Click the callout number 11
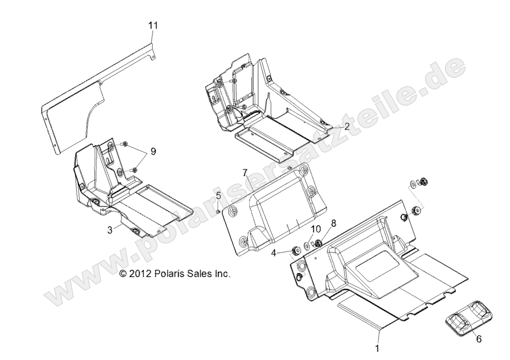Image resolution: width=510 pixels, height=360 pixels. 153,26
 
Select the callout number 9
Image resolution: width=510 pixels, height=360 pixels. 153,152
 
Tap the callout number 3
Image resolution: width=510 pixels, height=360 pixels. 110,230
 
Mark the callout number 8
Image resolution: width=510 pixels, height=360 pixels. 333,224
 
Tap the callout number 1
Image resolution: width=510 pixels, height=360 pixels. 377,347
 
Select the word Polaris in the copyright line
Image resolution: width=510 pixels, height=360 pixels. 167,274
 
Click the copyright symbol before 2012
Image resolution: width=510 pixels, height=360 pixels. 124,274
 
